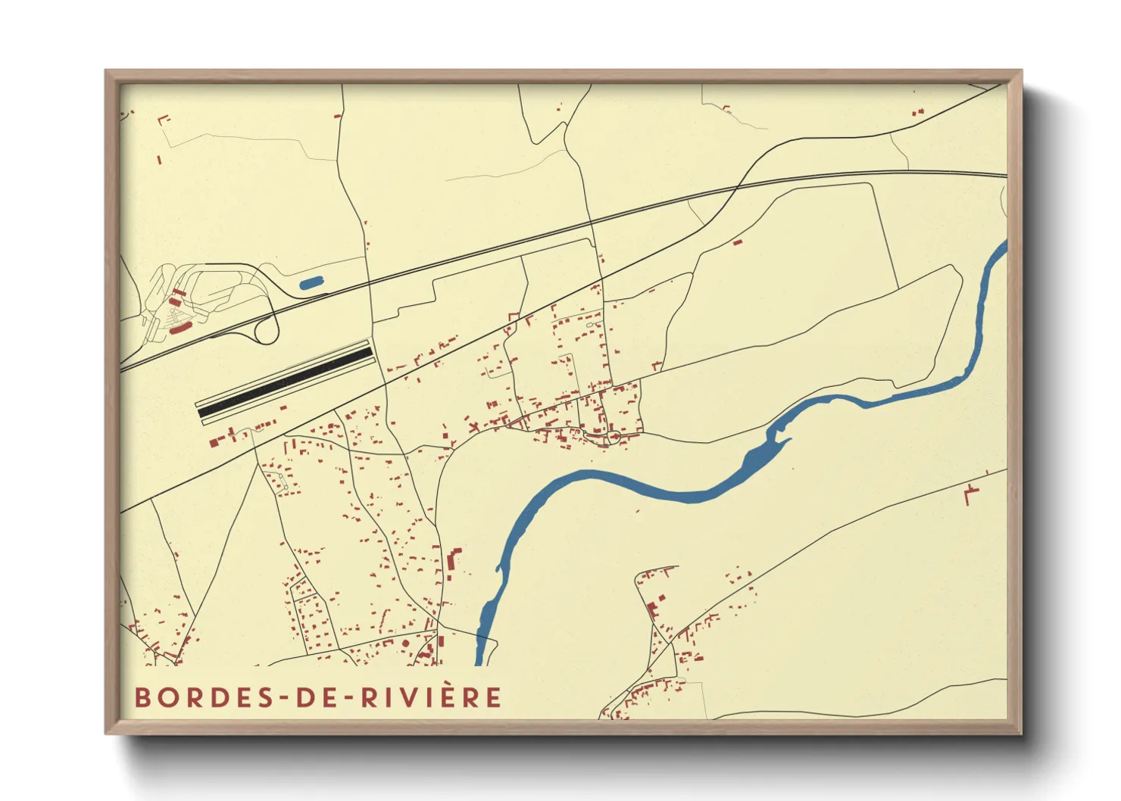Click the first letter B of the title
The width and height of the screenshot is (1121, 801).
[x=142, y=697]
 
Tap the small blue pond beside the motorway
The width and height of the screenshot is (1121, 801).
[x=311, y=283]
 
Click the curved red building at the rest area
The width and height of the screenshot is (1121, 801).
[x=179, y=329]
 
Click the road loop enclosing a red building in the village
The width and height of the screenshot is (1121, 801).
[x=614, y=438]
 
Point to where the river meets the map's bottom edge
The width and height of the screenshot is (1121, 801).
[x=479, y=664]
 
